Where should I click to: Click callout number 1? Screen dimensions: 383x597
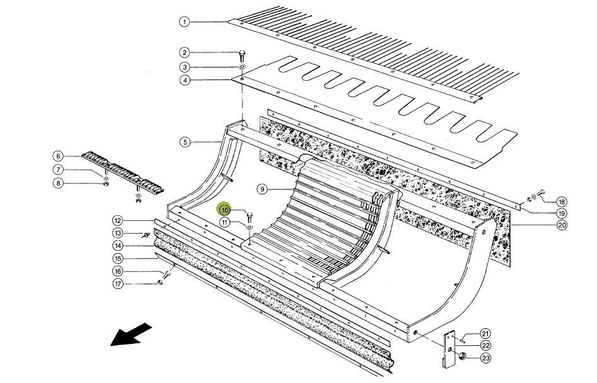[184, 22]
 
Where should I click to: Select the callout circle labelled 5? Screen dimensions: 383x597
[185, 142]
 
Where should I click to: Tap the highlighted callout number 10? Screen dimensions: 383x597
[225, 209]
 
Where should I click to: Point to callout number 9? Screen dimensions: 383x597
[262, 189]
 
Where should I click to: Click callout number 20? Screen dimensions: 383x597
[562, 225]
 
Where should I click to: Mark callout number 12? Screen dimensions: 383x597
[117, 221]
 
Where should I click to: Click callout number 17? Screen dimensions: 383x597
[117, 283]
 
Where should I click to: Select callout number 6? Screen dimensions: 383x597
[58, 156]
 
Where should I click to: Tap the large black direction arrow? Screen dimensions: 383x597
[132, 334]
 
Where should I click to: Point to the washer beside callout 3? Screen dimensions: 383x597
[242, 66]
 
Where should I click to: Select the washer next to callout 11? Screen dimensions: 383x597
[250, 225]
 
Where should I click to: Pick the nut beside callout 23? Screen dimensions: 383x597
[462, 358]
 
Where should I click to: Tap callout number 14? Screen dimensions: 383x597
[117, 246]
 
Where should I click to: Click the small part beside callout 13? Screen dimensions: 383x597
[146, 235]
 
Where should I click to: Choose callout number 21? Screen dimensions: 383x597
[485, 333]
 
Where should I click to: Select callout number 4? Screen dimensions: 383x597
[184, 80]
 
